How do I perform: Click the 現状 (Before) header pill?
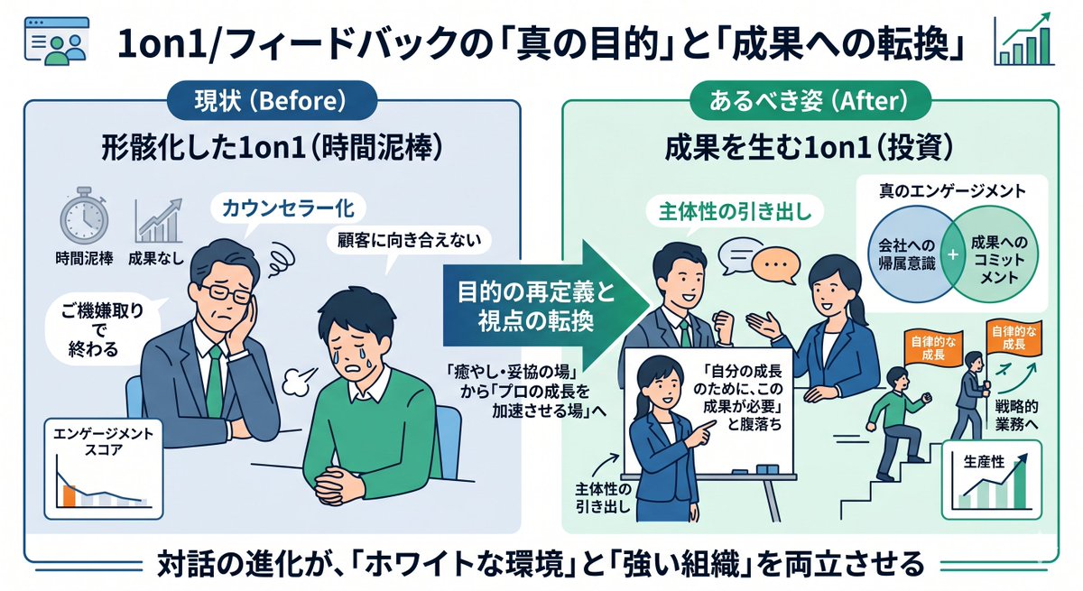272,100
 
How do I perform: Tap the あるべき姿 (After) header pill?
810,100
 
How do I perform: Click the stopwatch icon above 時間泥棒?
84,215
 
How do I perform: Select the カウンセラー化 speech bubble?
288,208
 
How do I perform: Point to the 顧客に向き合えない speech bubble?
409,240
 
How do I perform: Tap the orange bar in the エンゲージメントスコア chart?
69,495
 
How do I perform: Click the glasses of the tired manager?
226,294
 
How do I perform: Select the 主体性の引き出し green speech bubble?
735,212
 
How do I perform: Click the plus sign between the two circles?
952,254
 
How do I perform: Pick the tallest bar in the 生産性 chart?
1019,485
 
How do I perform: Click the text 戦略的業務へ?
1016,415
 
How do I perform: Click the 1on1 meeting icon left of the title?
57,41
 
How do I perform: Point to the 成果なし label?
156,259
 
